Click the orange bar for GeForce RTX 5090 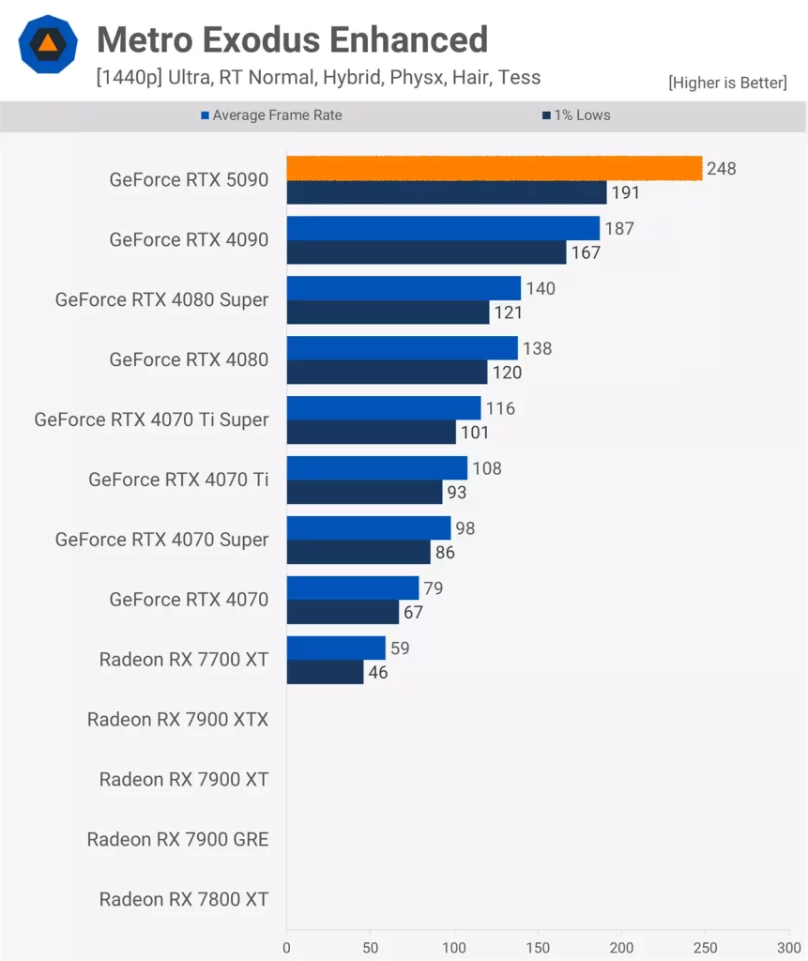(494, 168)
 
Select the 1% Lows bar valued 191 (447, 192)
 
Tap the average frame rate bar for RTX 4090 (443, 228)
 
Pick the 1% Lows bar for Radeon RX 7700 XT (325, 672)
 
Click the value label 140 (541, 288)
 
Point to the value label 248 (723, 169)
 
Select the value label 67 (413, 613)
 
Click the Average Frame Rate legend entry (271, 115)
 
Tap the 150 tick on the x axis (538, 948)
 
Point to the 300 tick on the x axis (788, 948)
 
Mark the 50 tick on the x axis (370, 948)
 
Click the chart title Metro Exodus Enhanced (292, 39)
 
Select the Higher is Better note (727, 83)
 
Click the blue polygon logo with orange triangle (47, 44)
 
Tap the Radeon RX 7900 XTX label (177, 720)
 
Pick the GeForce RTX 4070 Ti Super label (151, 419)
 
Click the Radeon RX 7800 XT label (184, 900)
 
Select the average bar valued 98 (368, 527)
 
